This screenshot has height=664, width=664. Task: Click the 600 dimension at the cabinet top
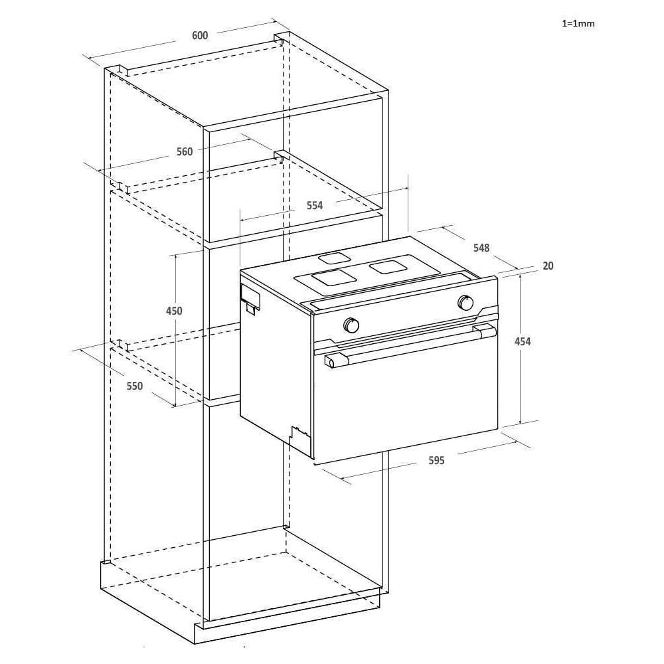(x=200, y=35)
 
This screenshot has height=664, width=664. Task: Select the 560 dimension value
(x=184, y=151)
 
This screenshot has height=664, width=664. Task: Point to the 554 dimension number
(x=314, y=205)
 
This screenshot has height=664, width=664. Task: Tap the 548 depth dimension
(x=481, y=248)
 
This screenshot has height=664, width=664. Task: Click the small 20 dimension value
(x=548, y=266)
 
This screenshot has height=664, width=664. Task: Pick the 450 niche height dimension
(x=174, y=311)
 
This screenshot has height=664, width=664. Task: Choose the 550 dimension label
(x=135, y=386)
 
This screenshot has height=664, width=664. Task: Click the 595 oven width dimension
(x=436, y=460)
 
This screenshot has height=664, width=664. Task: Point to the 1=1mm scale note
(x=578, y=23)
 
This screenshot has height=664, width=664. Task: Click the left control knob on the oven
(x=351, y=325)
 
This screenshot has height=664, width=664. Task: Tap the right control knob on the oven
(x=466, y=303)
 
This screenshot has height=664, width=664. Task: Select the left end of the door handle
(x=330, y=361)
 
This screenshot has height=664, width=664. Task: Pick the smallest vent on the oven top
(x=334, y=258)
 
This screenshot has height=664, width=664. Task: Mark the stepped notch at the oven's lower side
(x=299, y=435)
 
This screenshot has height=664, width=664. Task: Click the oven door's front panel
(x=405, y=405)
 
